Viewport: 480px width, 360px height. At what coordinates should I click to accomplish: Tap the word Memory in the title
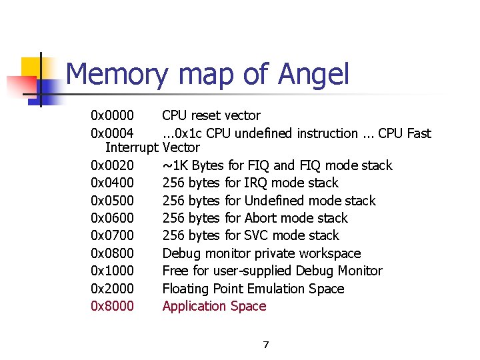pyautogui.click(x=117, y=75)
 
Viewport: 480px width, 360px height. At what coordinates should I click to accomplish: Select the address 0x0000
pyautogui.click(x=112, y=116)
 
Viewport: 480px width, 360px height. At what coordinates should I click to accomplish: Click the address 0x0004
pyautogui.click(x=112, y=133)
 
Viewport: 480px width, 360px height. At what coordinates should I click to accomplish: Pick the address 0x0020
pyautogui.click(x=112, y=165)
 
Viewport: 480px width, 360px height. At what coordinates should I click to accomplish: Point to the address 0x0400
pyautogui.click(x=112, y=183)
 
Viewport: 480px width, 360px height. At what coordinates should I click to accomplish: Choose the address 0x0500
pyautogui.click(x=112, y=201)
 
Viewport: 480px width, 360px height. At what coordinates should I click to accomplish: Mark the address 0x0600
pyautogui.click(x=112, y=218)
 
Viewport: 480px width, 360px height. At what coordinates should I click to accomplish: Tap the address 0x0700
pyautogui.click(x=112, y=235)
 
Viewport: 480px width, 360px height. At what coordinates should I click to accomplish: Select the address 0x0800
pyautogui.click(x=112, y=253)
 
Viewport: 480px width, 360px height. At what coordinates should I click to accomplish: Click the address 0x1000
pyautogui.click(x=112, y=271)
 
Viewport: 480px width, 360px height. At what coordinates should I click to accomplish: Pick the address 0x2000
pyautogui.click(x=112, y=289)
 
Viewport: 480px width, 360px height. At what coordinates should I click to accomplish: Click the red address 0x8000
pyautogui.click(x=112, y=306)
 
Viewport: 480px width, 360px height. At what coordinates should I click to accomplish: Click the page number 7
pyautogui.click(x=265, y=345)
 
